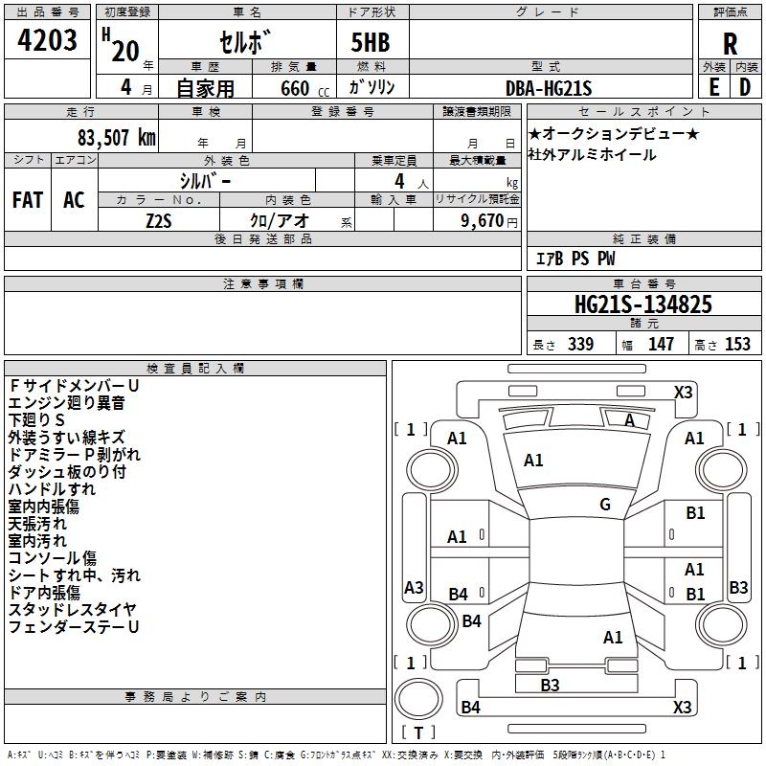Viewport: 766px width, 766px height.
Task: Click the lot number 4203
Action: tap(48, 39)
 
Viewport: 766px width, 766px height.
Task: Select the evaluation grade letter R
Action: tap(731, 43)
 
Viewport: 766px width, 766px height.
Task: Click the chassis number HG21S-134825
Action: tap(642, 305)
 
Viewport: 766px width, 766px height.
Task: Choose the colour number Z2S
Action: tap(159, 219)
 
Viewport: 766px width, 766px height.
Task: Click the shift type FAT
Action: tap(27, 200)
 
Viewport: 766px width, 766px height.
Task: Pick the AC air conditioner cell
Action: tap(74, 200)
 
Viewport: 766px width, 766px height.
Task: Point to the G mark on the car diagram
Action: tap(605, 505)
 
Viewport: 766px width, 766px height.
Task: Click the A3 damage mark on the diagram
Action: tap(414, 587)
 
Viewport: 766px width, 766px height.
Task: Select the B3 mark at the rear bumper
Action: tap(550, 685)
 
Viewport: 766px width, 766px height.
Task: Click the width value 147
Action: tap(661, 344)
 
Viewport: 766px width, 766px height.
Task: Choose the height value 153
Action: tap(736, 344)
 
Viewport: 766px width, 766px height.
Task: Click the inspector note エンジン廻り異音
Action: tap(66, 403)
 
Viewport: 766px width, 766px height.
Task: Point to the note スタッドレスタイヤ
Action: tap(72, 609)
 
